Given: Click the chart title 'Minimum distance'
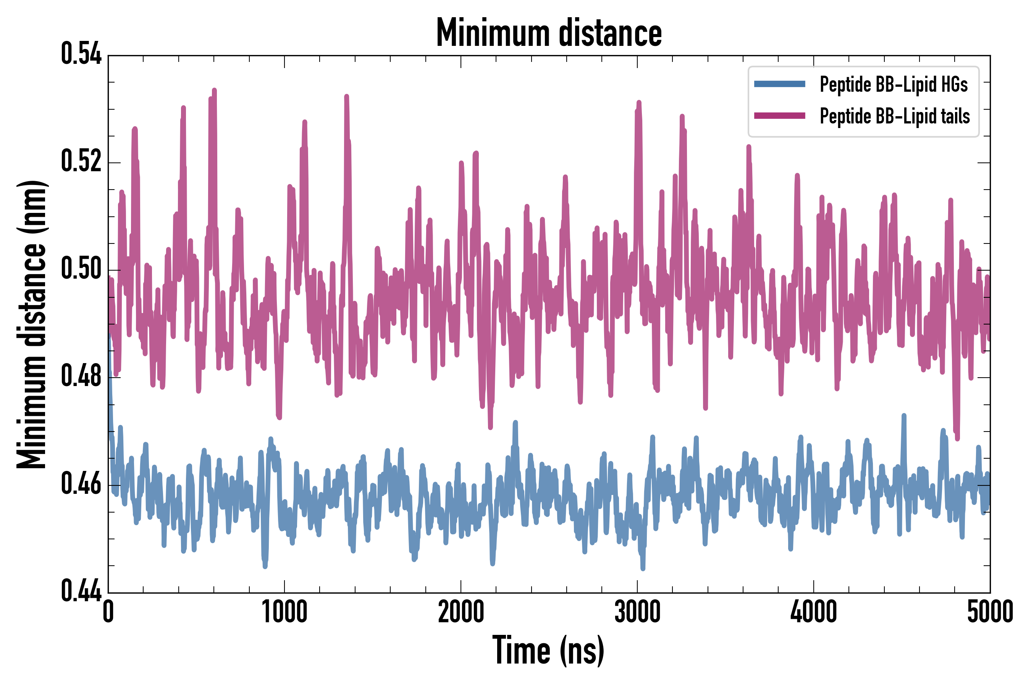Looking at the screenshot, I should pos(549,33).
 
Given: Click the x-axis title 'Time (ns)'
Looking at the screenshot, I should pos(548,651).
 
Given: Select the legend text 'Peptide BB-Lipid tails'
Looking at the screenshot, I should pos(895,116).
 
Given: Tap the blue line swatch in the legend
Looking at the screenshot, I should pos(779,84).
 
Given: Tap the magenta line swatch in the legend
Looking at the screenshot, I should pos(779,116).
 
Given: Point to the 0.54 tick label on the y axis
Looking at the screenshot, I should pos(81,54).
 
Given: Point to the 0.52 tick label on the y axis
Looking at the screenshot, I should pos(81,161).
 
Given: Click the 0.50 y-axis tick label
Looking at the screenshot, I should pos(81,269).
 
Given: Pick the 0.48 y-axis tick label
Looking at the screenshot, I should pos(81,376).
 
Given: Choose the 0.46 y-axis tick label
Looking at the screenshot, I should pos(81,484).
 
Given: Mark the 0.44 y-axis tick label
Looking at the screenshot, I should pos(81,591).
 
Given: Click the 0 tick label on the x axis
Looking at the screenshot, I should pos(108,613).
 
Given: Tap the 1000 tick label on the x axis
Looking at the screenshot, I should pos(284,613).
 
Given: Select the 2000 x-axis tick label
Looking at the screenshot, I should pos(461,613).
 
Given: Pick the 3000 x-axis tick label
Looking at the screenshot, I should pos(637,613).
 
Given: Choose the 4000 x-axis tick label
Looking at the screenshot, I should pos(814,613).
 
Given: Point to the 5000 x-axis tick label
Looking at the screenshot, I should pos(990,613).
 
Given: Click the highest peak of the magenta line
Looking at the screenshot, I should pos(214,90).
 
